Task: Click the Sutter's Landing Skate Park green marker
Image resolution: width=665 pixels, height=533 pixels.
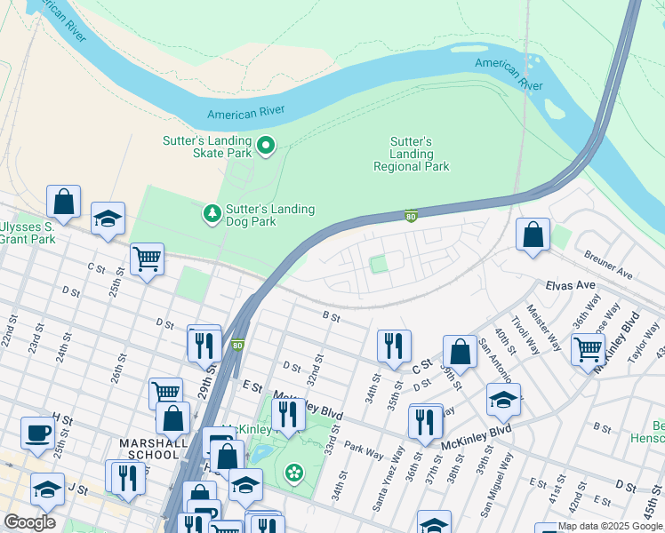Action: [x=265, y=145]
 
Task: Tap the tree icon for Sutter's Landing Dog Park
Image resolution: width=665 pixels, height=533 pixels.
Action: [x=212, y=214]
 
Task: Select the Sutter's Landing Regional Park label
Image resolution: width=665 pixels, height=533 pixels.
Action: [x=411, y=155]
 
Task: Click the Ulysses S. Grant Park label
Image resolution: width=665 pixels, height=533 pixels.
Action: [x=27, y=233]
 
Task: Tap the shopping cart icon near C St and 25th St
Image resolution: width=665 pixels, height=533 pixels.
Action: [x=147, y=259]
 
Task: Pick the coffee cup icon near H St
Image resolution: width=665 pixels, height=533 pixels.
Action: [x=37, y=433]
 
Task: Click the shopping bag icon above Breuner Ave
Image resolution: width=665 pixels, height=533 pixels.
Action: [x=533, y=235]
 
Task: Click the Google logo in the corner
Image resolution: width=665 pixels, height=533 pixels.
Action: [x=29, y=522]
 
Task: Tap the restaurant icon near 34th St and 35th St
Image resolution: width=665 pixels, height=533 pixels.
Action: [x=393, y=346]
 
